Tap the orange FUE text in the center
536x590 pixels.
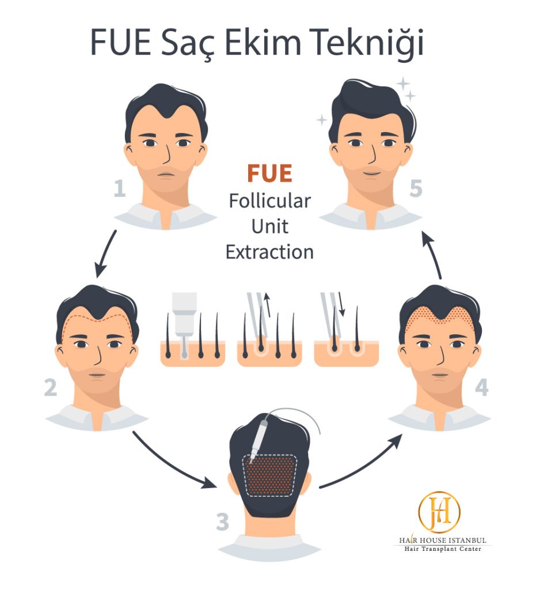[x=269, y=173]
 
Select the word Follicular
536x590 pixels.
[x=270, y=201]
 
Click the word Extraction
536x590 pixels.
[x=269, y=252]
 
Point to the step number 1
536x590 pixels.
[x=120, y=188]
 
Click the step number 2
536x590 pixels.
[x=50, y=388]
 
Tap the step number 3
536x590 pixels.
[x=223, y=522]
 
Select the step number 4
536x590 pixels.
[x=482, y=388]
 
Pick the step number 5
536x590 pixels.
[x=416, y=188]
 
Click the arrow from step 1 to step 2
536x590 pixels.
[x=105, y=254]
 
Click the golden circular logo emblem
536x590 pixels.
[x=439, y=512]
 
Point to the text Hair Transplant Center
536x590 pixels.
[x=442, y=549]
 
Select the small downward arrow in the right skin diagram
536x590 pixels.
[x=341, y=304]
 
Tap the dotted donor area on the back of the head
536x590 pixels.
[x=269, y=475]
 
